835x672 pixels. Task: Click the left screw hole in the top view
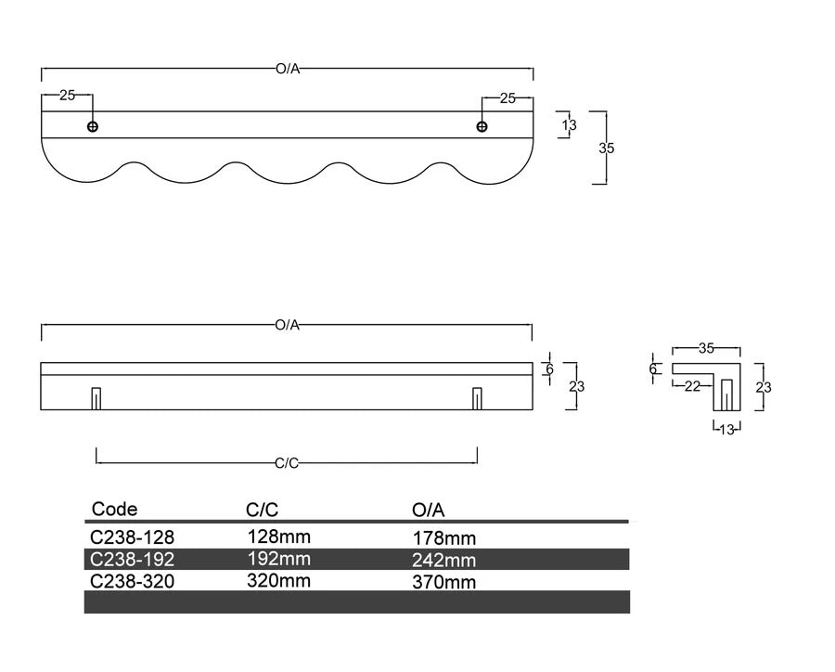(x=93, y=127)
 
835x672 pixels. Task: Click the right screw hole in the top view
(x=482, y=127)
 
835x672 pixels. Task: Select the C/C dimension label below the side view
(x=287, y=464)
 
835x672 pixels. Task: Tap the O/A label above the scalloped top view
(x=289, y=69)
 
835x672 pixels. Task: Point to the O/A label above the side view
(x=288, y=325)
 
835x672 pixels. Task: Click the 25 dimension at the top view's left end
(x=67, y=96)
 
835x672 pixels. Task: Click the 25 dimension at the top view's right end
(x=508, y=98)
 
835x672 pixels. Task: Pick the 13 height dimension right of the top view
(x=570, y=125)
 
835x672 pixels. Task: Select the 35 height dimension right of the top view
(x=607, y=149)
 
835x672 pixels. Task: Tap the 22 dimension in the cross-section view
(x=692, y=386)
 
